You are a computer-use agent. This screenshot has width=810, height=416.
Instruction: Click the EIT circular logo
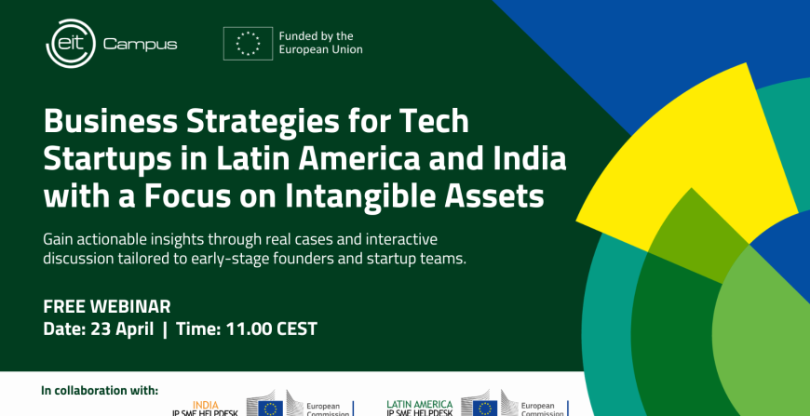click(70, 44)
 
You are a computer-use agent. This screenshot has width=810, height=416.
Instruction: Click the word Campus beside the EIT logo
click(140, 44)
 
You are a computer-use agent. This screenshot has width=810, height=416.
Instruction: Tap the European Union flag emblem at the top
click(248, 43)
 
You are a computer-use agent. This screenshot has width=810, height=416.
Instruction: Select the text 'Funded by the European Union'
click(320, 43)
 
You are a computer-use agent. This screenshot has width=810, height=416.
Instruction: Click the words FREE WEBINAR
click(107, 307)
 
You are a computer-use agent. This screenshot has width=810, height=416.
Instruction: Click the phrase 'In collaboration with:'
click(100, 390)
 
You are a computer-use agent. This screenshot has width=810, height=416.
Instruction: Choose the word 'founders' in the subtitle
click(294, 258)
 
